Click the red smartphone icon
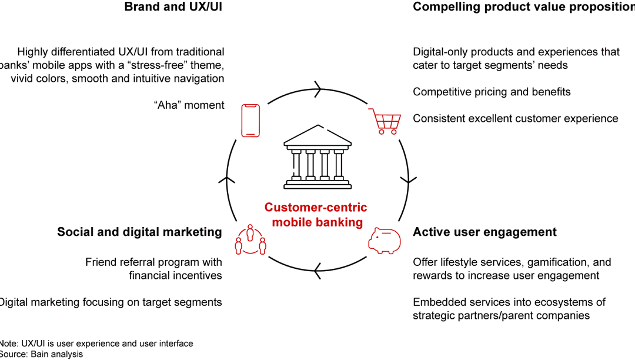[x=250, y=121]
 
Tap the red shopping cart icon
[x=386, y=122]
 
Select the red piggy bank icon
[x=385, y=241]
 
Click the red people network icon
[x=250, y=240]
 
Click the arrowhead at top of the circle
[x=318, y=91]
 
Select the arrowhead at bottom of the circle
[x=318, y=270]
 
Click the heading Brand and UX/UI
[x=174, y=7]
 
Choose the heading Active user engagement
[x=484, y=232]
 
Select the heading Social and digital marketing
[x=139, y=232]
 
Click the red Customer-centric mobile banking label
[x=316, y=215]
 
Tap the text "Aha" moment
[x=189, y=105]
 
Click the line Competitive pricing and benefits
[x=492, y=92]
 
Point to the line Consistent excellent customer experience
[x=515, y=118]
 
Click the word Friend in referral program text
[x=101, y=262]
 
